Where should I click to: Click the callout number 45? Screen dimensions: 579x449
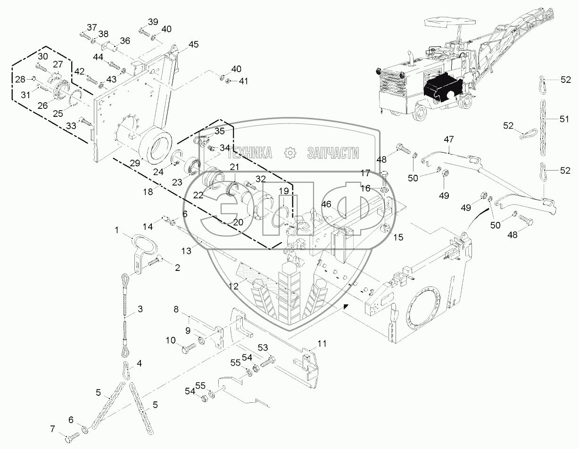click(x=193, y=44)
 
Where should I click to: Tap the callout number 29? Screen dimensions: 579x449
click(x=135, y=163)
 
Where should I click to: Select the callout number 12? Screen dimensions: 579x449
click(x=233, y=286)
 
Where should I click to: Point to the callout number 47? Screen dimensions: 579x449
click(x=449, y=139)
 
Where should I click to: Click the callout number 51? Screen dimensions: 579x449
click(x=564, y=119)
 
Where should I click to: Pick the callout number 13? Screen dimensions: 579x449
click(x=187, y=251)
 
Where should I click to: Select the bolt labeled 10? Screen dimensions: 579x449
click(x=189, y=348)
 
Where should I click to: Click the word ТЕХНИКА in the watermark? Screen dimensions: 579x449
click(x=250, y=153)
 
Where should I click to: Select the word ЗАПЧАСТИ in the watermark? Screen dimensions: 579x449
click(x=333, y=153)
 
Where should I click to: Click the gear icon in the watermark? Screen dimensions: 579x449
click(x=290, y=153)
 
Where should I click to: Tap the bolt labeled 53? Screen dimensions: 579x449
click(x=268, y=362)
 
